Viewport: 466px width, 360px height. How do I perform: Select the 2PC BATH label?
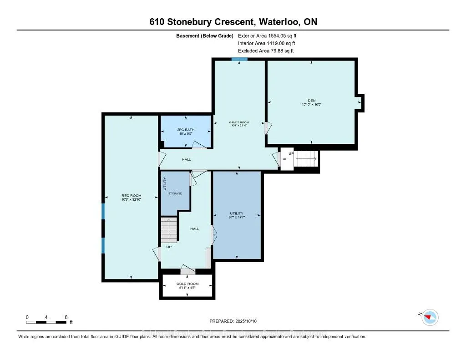[x=186, y=130]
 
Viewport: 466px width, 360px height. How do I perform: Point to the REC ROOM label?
[x=131, y=196]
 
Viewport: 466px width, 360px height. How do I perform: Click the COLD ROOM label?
[x=187, y=284]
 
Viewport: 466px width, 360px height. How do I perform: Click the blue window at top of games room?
[x=239, y=59]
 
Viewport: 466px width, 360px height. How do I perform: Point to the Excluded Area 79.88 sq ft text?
[x=266, y=51]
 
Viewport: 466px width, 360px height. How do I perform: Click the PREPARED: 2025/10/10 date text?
[x=233, y=320]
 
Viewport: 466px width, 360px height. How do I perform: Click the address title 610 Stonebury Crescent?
[x=233, y=22]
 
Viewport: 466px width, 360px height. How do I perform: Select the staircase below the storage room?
[x=168, y=230]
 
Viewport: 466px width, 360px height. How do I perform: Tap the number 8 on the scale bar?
[x=66, y=317]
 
